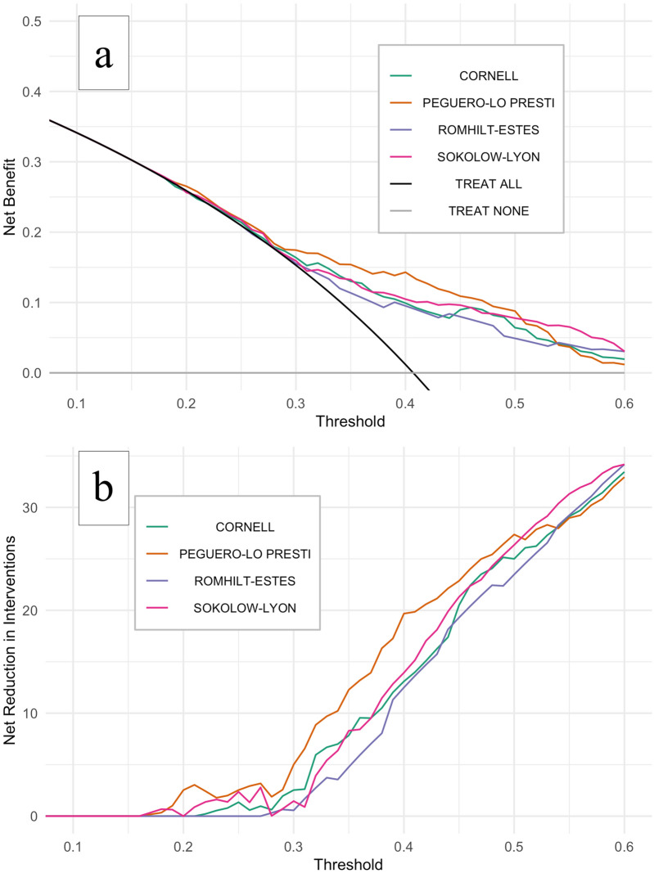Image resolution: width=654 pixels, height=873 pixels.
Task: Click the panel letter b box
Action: coord(103,487)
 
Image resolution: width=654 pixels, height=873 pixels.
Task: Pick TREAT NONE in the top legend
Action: coord(489,212)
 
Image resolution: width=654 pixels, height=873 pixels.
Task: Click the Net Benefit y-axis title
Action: coord(10,199)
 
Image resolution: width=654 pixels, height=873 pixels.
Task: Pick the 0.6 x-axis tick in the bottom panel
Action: coord(624,841)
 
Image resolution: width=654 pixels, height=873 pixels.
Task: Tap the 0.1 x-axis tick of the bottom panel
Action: coord(74,841)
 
